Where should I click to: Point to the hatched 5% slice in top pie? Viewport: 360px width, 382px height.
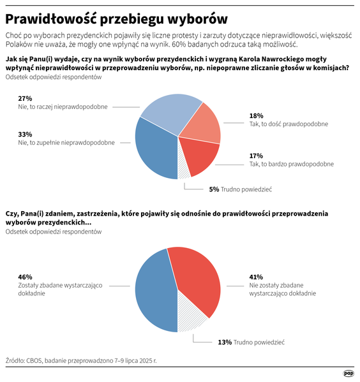[183, 168]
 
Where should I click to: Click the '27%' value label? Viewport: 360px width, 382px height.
[25, 98]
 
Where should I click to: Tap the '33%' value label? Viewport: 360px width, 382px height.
[25, 135]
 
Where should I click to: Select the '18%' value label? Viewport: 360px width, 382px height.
[256, 116]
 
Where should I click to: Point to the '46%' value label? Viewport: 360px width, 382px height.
[25, 277]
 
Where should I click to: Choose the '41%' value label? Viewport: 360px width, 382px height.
[256, 277]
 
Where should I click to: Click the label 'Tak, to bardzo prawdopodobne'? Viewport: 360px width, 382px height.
[291, 165]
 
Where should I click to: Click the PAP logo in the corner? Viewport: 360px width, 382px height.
[349, 373]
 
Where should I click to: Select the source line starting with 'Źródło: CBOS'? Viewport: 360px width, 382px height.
[80, 360]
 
